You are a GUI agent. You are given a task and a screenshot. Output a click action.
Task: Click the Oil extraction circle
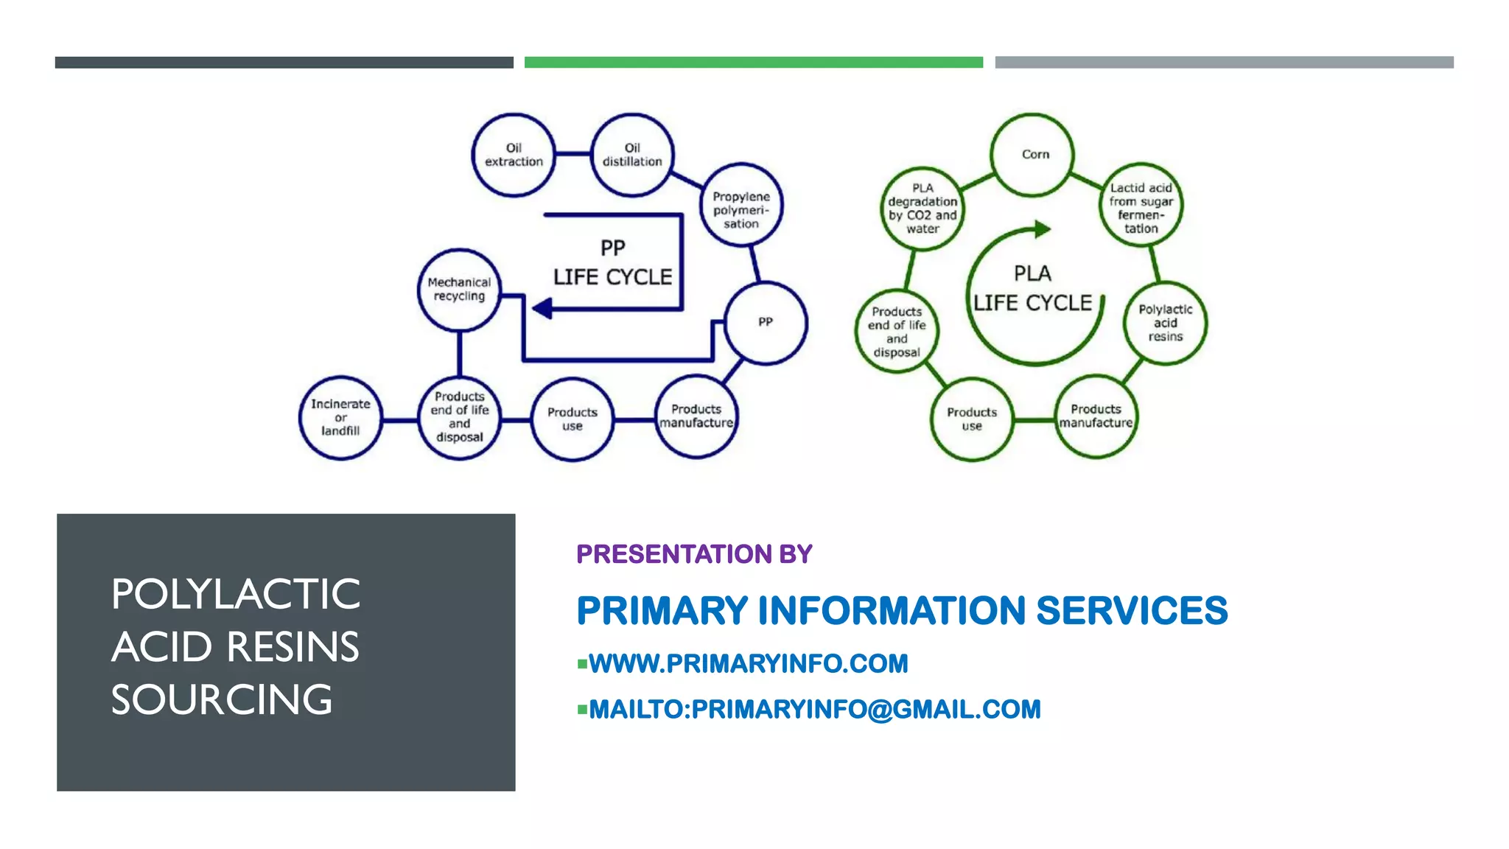(x=514, y=155)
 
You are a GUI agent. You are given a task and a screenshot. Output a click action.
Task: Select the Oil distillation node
(x=632, y=155)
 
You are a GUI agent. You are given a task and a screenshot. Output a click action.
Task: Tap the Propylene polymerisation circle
(x=741, y=205)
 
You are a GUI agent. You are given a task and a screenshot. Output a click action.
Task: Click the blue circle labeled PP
(x=766, y=323)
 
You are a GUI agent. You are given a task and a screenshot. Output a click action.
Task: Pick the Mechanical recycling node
(x=459, y=290)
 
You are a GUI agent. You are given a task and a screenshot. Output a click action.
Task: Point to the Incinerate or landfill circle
(x=340, y=418)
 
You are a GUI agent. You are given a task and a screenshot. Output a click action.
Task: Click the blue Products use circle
(x=572, y=419)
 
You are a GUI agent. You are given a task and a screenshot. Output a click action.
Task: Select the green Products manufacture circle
(x=1096, y=416)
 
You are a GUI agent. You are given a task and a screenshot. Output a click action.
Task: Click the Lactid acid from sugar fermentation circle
(x=1141, y=206)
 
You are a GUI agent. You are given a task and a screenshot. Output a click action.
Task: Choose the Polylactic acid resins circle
(x=1165, y=323)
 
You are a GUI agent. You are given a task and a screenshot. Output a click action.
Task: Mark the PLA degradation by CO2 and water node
(x=922, y=209)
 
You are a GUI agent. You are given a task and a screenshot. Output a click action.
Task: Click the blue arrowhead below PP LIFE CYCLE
(x=543, y=308)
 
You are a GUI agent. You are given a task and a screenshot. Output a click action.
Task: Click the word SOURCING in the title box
(x=222, y=699)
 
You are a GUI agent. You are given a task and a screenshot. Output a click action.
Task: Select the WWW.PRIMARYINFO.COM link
(x=748, y=664)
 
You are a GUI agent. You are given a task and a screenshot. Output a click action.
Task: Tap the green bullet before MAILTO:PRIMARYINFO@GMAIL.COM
(x=582, y=710)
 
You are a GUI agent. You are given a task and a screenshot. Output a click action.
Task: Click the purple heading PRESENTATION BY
(x=694, y=554)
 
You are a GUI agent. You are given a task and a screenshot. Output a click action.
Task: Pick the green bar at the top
(x=753, y=63)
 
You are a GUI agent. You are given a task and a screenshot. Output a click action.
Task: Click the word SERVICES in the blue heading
(x=1132, y=611)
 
